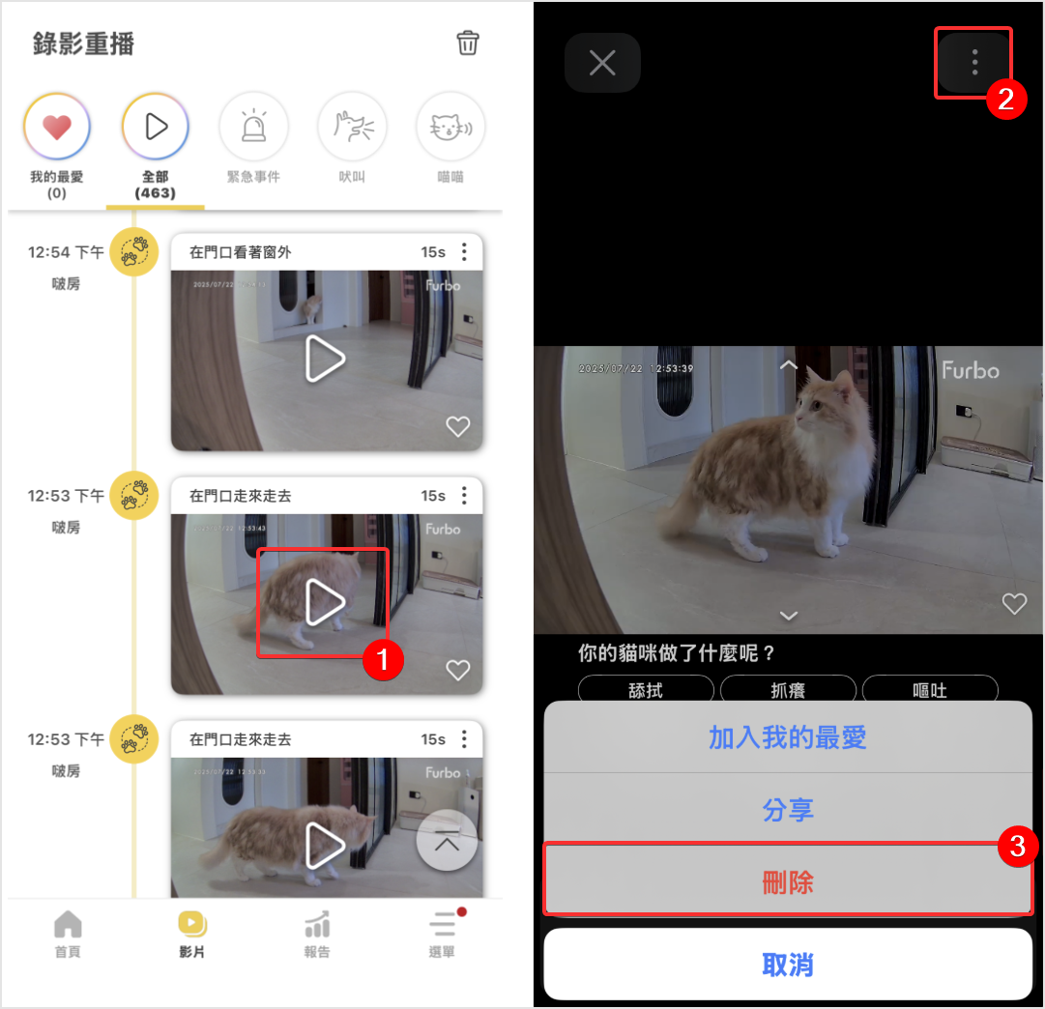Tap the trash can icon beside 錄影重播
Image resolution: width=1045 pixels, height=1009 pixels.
[x=468, y=43]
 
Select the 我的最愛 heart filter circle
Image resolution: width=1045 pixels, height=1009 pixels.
[x=57, y=127]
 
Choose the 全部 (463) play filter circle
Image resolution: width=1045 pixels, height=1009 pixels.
[x=156, y=127]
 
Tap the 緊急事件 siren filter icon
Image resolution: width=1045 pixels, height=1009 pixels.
[x=253, y=127]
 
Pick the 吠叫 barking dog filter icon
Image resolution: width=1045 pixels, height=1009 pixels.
[x=352, y=127]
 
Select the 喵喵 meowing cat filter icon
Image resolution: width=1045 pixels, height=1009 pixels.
[x=450, y=127]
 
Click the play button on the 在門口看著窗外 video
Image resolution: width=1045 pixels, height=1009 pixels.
[x=325, y=360]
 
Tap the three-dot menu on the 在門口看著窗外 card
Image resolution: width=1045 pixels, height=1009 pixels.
[x=464, y=252]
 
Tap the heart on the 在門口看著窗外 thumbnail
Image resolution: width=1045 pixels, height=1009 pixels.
[x=457, y=426]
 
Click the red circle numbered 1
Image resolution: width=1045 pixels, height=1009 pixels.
[x=382, y=661]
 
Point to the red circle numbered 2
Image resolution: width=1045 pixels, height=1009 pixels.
[x=1005, y=101]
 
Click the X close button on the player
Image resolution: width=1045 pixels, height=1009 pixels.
[x=602, y=63]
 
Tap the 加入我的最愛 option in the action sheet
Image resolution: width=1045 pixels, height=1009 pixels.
[x=787, y=737]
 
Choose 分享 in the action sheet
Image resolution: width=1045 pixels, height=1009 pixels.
[x=787, y=810]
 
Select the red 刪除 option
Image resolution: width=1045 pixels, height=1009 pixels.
[x=787, y=881]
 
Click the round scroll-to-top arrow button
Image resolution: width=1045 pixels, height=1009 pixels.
[x=447, y=841]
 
